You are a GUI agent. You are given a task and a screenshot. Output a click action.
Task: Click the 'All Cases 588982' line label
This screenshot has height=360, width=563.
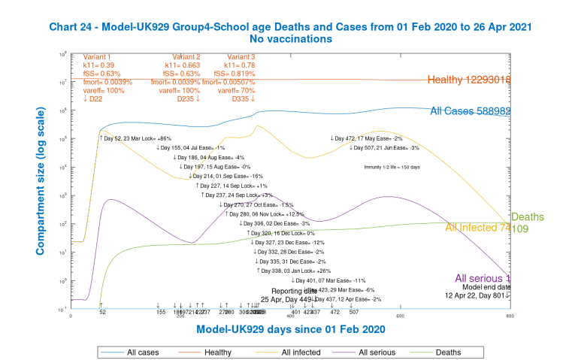[471, 111]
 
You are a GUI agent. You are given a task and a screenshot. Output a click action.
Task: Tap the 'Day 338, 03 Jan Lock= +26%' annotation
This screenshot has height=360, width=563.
[294, 270]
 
